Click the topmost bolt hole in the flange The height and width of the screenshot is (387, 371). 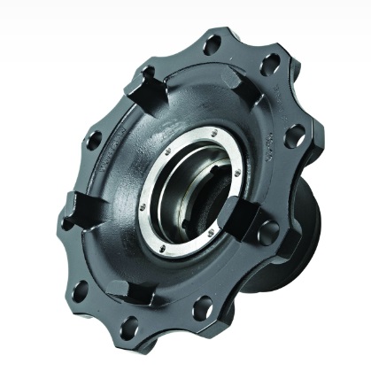point(212,43)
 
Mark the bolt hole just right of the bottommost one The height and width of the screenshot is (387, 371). point(203,307)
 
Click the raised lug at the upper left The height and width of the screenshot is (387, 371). point(144,86)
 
